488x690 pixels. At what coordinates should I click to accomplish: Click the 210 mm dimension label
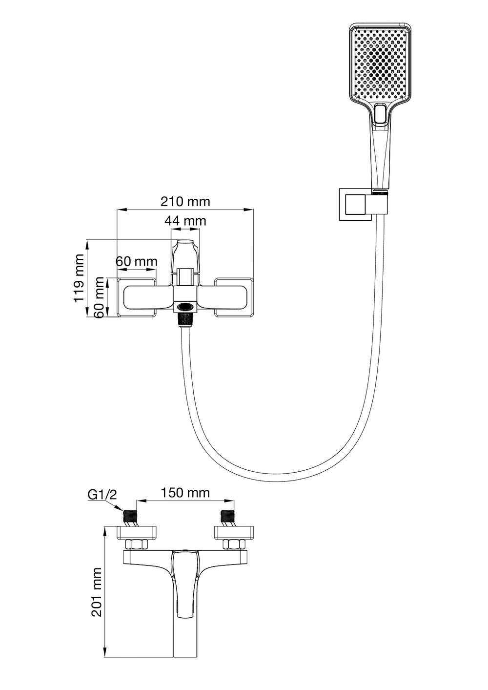[185, 201]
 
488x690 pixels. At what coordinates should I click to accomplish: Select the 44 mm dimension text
[185, 221]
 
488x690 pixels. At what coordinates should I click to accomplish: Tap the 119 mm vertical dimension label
[80, 278]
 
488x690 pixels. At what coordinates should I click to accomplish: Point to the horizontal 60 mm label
[137, 261]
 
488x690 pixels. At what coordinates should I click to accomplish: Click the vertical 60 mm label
[100, 297]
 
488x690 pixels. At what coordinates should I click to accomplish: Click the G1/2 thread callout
[102, 495]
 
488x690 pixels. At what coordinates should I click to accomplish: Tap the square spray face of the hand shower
[378, 61]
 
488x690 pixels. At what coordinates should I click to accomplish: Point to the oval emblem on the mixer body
[185, 307]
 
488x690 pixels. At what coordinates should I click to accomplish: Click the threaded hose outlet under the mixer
[184, 320]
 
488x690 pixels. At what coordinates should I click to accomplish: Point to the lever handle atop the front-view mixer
[185, 254]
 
